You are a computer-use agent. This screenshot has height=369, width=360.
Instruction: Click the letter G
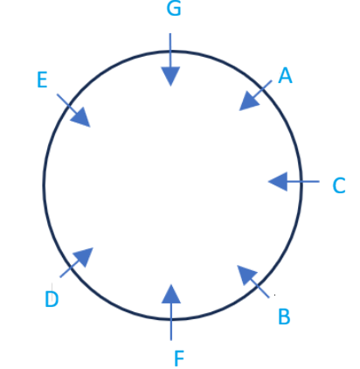click(x=174, y=8)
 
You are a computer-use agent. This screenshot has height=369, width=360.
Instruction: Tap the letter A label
click(x=285, y=75)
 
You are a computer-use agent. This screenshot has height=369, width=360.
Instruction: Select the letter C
click(x=339, y=185)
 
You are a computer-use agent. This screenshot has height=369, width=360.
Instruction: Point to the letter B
click(x=284, y=317)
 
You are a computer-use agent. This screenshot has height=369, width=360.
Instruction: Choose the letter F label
click(x=179, y=359)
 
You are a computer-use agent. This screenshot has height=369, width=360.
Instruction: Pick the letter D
click(x=52, y=299)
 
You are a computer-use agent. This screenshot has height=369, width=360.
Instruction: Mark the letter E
click(x=42, y=80)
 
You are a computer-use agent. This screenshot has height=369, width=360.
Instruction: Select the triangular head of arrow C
click(x=278, y=181)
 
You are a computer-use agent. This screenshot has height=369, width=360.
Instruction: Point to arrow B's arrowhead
click(x=246, y=275)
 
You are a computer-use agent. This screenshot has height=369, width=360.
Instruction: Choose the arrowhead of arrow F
click(x=171, y=294)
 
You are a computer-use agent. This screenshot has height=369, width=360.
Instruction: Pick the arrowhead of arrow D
click(x=84, y=257)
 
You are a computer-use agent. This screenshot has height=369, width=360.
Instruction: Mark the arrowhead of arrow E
click(x=81, y=117)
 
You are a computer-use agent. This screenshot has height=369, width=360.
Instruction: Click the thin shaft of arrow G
click(x=170, y=50)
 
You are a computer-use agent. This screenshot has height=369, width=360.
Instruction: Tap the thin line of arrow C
click(x=303, y=181)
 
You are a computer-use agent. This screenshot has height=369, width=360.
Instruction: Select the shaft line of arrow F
click(x=171, y=322)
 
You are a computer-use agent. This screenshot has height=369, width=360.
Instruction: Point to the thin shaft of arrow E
click(x=67, y=104)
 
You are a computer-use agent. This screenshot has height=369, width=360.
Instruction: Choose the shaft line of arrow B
click(x=260, y=289)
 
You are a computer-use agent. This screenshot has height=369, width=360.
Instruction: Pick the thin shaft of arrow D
click(x=70, y=268)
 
